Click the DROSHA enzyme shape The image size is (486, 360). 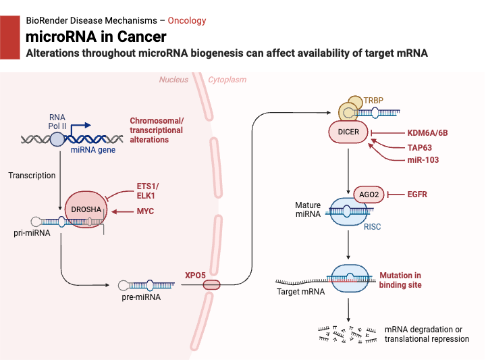86,210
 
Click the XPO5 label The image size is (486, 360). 196,275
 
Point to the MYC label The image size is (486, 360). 145,211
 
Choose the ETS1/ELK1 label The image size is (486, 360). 145,190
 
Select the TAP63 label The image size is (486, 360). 421,146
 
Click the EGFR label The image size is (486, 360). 417,195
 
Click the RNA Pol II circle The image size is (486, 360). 57,139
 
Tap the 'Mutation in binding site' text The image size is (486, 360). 400,280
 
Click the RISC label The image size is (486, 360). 373,227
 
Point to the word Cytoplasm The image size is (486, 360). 227,80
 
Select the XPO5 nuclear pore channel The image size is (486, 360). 212,285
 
